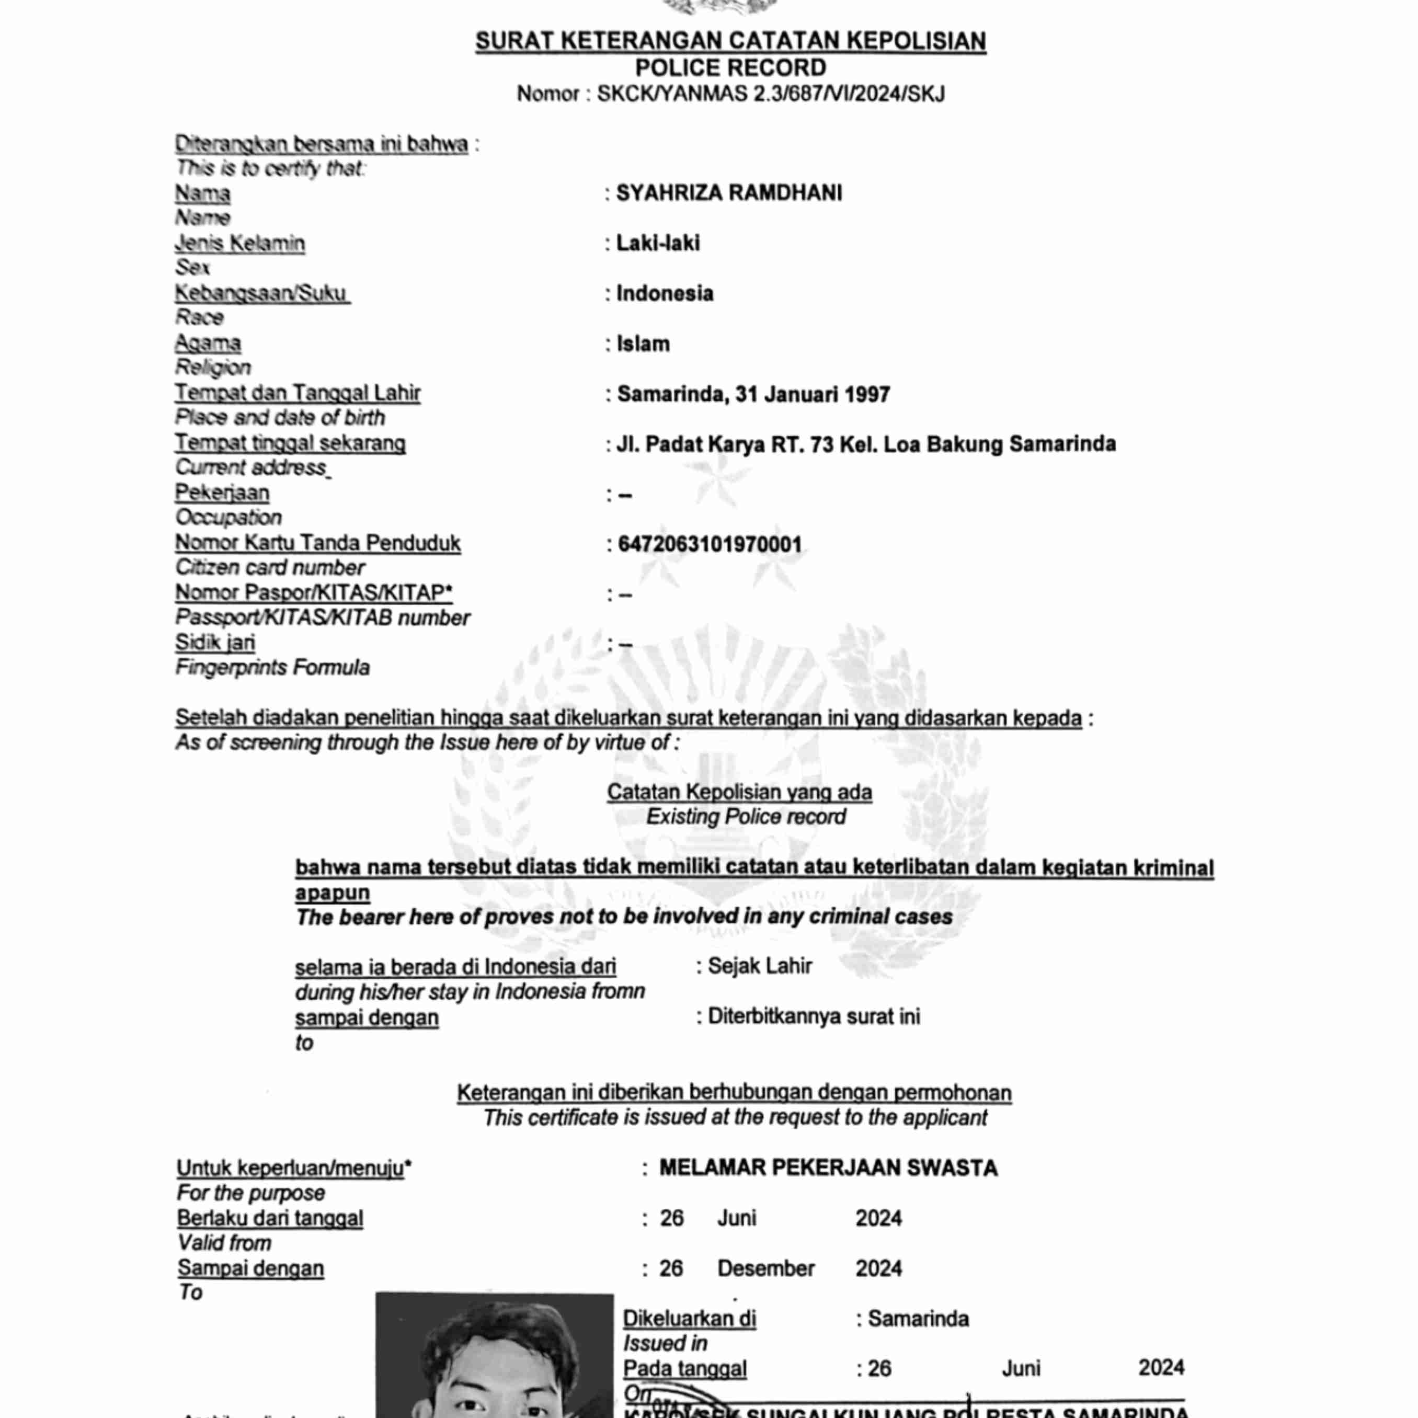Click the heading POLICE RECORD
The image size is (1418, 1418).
pos(730,68)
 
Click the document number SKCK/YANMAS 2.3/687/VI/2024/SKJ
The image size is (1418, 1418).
pos(771,94)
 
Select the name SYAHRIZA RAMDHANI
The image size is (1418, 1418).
pos(729,193)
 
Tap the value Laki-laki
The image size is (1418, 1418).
pos(658,243)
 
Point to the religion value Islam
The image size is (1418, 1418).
pos(643,344)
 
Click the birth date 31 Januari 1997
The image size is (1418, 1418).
pos(813,395)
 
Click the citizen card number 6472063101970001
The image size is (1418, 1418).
pos(710,545)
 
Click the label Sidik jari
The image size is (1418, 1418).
pos(215,643)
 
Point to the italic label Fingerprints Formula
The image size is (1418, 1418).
pos(272,668)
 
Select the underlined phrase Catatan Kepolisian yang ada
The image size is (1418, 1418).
pos(739,793)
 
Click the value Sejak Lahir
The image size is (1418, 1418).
pos(760,966)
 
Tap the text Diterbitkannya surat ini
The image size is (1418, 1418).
pos(813,1016)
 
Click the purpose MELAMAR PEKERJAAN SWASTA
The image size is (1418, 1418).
pos(828,1168)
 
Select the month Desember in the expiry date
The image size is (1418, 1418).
pos(765,1268)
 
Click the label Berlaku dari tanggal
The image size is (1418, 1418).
pos(270,1218)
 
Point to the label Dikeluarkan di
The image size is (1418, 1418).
pos(689,1319)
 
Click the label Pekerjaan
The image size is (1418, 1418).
pos(222,493)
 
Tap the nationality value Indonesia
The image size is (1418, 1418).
pos(664,293)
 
